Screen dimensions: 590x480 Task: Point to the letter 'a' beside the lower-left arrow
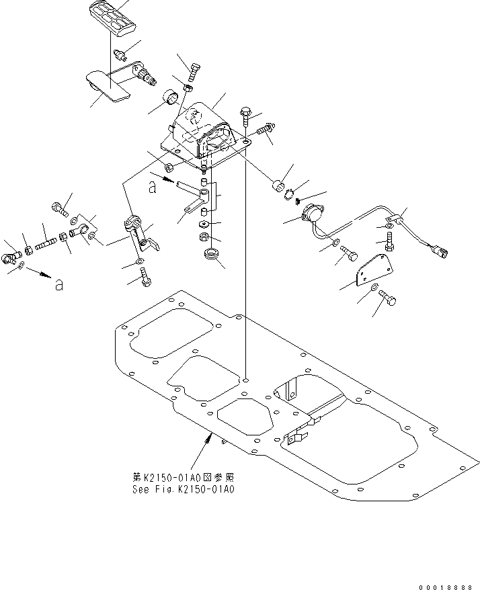[59, 285]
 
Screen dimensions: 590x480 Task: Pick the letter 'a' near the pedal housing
[153, 189]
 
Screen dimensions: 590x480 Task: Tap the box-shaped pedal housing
[205, 134]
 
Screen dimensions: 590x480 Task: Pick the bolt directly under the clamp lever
[145, 276]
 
